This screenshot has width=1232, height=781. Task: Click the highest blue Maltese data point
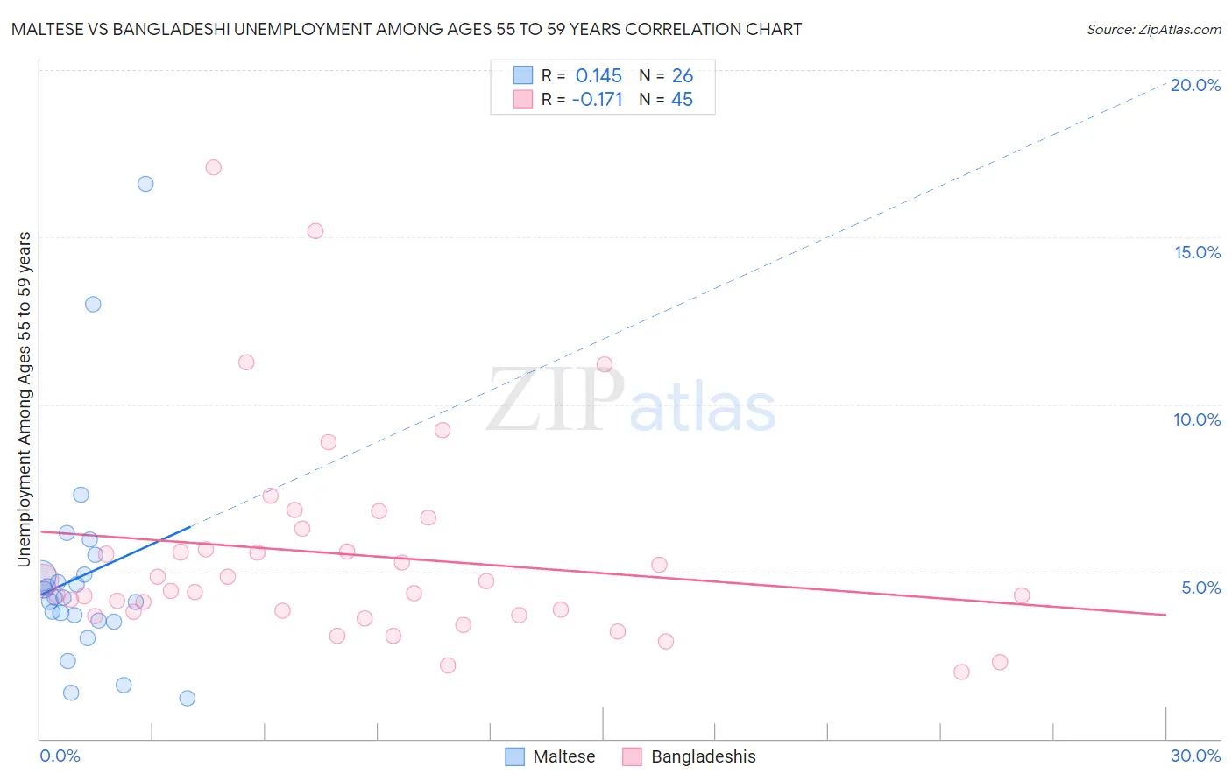(145, 184)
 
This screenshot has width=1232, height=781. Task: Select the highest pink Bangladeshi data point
(213, 167)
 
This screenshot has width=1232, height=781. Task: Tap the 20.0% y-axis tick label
(1195, 85)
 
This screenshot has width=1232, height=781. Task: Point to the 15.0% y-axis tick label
(1197, 252)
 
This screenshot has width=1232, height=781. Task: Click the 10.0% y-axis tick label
(1197, 419)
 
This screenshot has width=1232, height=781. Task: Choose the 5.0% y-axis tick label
(1200, 588)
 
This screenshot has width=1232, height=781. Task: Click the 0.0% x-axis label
(60, 756)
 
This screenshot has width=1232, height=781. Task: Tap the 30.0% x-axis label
(1195, 756)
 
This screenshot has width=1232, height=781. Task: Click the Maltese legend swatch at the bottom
(515, 756)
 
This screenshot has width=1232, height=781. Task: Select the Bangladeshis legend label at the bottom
(703, 756)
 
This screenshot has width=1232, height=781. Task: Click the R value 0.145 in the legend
(598, 76)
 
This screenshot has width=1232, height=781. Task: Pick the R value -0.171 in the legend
(597, 100)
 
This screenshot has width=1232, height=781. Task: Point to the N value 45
(682, 100)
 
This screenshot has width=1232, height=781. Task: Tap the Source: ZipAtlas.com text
(1153, 29)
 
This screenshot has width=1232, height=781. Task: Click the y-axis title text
(25, 398)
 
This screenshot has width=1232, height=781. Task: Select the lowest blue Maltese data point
(187, 698)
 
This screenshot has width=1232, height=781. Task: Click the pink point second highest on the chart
(315, 231)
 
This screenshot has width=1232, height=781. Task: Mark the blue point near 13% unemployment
(93, 305)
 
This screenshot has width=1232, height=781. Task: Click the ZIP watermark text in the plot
(555, 400)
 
